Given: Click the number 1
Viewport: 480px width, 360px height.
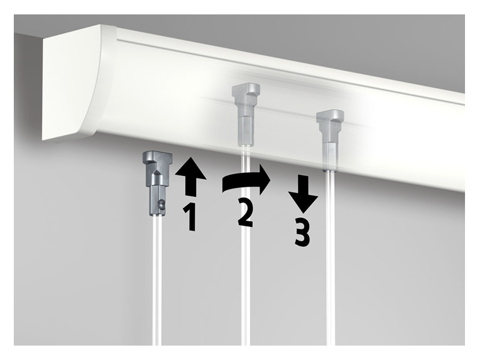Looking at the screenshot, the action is [190, 218].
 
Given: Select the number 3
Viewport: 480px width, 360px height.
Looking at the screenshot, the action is [302, 232].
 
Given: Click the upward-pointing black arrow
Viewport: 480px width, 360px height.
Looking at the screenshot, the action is [190, 176].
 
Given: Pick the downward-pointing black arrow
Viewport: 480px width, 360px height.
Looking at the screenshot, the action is [303, 193].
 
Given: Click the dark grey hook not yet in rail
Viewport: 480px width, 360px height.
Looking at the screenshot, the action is [158, 183].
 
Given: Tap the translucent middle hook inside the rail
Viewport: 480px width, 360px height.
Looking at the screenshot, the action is [245, 114].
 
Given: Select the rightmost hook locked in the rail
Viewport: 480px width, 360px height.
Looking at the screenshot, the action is [329, 140].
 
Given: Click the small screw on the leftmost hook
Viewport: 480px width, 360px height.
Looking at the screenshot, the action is [161, 205].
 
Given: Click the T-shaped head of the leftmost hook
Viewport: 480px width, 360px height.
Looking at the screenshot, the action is [158, 160].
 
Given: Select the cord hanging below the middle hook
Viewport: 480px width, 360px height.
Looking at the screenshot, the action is [245, 245].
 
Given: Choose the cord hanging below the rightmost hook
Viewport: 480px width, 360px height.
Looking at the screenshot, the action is [331, 258].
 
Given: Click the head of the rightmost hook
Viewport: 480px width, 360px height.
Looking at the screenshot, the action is [330, 118].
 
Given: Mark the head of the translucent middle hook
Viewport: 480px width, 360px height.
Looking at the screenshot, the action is [246, 91].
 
